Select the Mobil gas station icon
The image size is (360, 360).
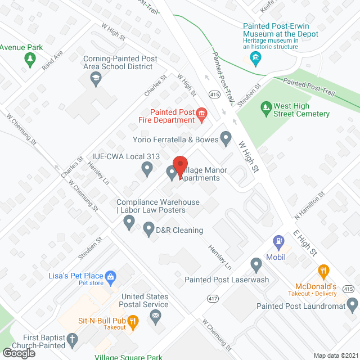pyautogui.click(x=278, y=242)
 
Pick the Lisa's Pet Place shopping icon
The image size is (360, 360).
pyautogui.click(x=111, y=276)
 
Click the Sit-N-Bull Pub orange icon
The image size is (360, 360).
pyautogui.click(x=133, y=322)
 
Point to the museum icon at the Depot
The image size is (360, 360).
pyautogui.click(x=255, y=57)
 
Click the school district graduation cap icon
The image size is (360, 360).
pyautogui.click(x=96, y=78)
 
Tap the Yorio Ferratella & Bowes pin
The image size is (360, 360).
pyautogui.click(x=226, y=137)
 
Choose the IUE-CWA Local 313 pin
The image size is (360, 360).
pyautogui.click(x=147, y=167)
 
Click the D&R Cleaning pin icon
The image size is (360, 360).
pyautogui.click(x=148, y=229)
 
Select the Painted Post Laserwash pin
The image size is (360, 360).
pyautogui.click(x=256, y=263)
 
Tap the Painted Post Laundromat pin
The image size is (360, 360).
pyautogui.click(x=353, y=305)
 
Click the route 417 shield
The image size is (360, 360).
pyautogui.click(x=213, y=298)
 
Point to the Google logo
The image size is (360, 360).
pyautogui.click(x=19, y=353)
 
